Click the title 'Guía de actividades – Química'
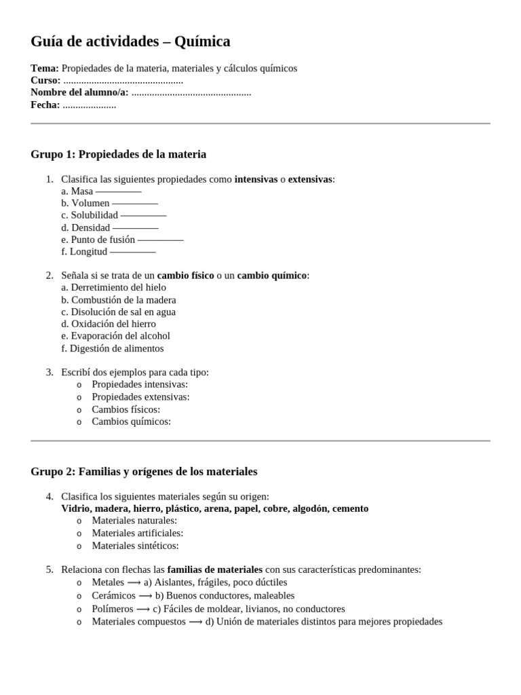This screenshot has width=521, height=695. (x=130, y=42)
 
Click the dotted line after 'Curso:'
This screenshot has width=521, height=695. (x=123, y=81)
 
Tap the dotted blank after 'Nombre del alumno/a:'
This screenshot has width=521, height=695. (x=191, y=93)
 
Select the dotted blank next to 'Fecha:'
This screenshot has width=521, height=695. (x=89, y=105)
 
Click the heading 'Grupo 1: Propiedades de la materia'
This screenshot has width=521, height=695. (x=119, y=155)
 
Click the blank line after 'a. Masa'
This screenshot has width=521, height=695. (x=118, y=191)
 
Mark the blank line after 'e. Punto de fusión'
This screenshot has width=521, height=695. (x=160, y=240)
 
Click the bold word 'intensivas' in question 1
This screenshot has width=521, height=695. (x=256, y=179)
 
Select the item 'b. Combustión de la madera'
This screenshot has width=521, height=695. (x=119, y=300)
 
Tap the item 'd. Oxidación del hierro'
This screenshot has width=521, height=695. (x=109, y=324)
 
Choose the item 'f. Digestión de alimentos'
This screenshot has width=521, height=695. (x=113, y=348)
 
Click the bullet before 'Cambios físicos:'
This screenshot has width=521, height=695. (x=79, y=410)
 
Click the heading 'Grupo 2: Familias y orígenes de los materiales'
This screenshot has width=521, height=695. (x=144, y=471)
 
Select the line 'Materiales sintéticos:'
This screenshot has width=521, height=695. (x=136, y=545)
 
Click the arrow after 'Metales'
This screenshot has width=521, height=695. (x=134, y=582)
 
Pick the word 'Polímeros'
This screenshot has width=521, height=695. (x=113, y=609)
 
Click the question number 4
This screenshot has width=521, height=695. (x=50, y=496)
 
